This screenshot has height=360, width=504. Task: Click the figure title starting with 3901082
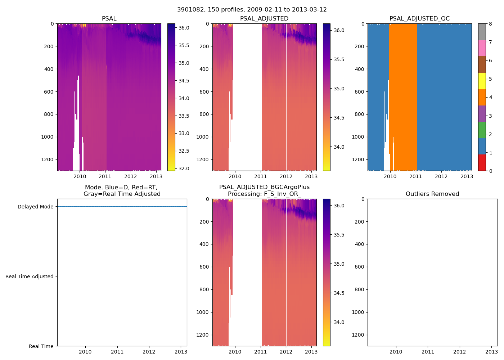252,10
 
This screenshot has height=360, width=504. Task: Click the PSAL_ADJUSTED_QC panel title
419,19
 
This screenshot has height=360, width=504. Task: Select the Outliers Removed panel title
432,194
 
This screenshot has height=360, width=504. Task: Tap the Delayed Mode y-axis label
35,207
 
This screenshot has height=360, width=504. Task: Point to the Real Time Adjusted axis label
29,276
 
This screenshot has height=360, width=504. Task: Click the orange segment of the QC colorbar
482,97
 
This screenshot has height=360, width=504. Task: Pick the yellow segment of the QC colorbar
482,81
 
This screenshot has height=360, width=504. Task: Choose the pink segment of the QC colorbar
482,48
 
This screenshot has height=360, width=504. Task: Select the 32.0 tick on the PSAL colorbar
184,168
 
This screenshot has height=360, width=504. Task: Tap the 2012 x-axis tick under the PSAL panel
130,176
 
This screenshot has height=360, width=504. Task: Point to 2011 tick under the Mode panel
117,352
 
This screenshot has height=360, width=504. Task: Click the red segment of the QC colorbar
482,163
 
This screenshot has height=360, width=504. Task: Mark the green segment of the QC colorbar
482,130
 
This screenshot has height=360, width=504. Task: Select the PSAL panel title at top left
109,19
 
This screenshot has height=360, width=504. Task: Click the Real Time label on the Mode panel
41,346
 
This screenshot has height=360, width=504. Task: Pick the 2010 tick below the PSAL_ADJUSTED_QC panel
390,176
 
